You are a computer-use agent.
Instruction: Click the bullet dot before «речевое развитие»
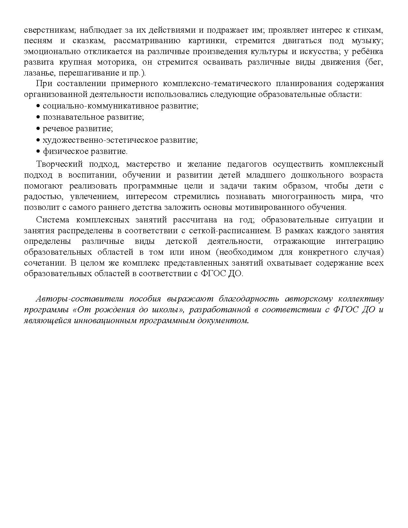pyautogui.click(x=38, y=129)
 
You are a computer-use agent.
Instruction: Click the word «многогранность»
pyautogui.click(x=312, y=196)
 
